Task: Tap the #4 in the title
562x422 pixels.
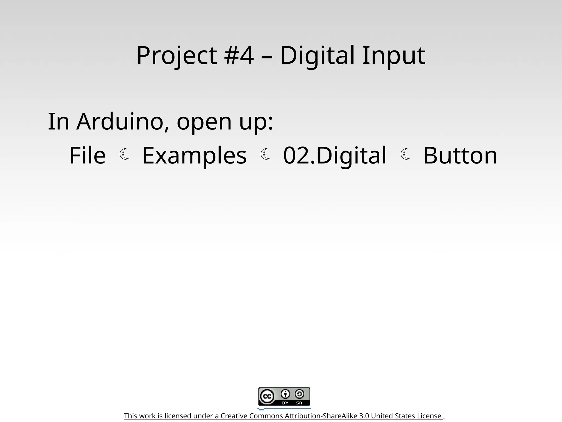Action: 239,55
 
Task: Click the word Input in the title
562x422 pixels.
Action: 394,55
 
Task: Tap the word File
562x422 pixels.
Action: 87,156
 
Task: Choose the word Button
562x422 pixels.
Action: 460,156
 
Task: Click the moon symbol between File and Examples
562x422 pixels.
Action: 124,154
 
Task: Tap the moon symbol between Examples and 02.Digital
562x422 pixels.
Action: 265,154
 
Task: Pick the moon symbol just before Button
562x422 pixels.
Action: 405,154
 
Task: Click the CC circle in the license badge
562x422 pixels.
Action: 267,396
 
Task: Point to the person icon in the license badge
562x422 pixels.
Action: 285,394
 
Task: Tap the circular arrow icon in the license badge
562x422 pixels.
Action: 299,394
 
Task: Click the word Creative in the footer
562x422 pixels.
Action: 234,416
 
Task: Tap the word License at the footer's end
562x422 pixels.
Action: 430,416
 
